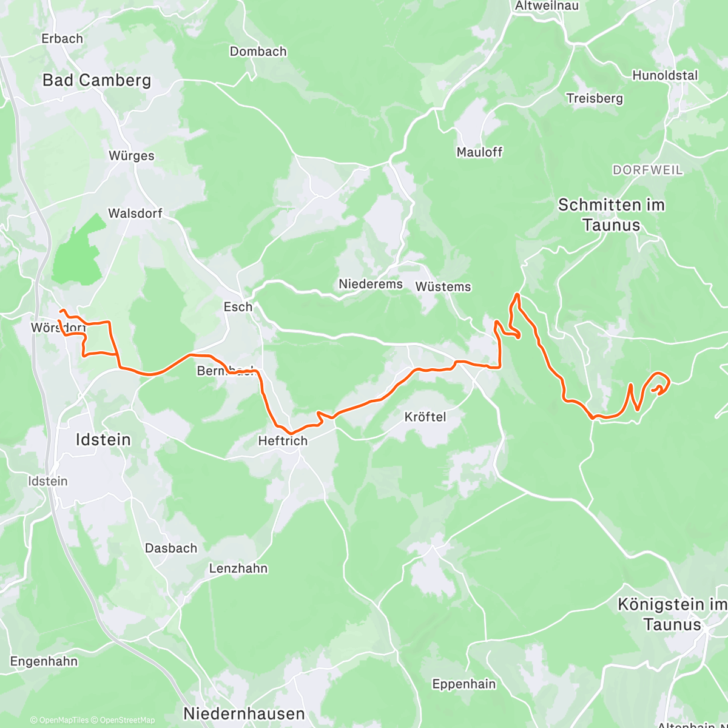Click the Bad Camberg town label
pyautogui.click(x=96, y=80)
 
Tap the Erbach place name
pyautogui.click(x=62, y=38)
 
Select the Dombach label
pyautogui.click(x=258, y=52)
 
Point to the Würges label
pyautogui.click(x=131, y=156)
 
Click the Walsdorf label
pyautogui.click(x=135, y=214)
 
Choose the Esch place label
pyautogui.click(x=238, y=307)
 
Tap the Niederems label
pyautogui.click(x=370, y=284)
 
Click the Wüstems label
pyautogui.click(x=443, y=287)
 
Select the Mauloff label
pyautogui.click(x=479, y=152)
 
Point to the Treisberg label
pyautogui.click(x=595, y=98)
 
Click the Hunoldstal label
pyautogui.click(x=665, y=76)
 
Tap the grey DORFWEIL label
pyautogui.click(x=647, y=170)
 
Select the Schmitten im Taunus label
pyautogui.click(x=611, y=215)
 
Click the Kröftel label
pyautogui.click(x=425, y=417)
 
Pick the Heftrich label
pyautogui.click(x=283, y=441)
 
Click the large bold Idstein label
pyautogui.click(x=103, y=439)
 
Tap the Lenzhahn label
pyautogui.click(x=238, y=568)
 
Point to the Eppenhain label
pyautogui.click(x=463, y=684)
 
